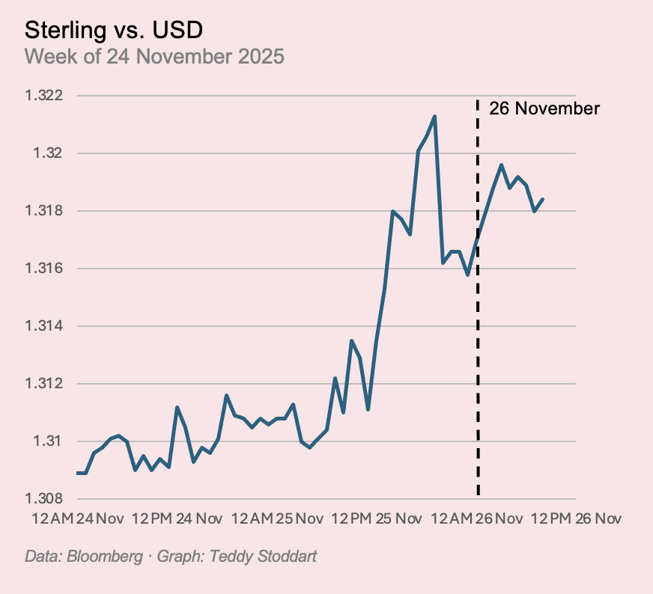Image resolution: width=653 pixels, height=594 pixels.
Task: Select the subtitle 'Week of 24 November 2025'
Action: click(x=154, y=57)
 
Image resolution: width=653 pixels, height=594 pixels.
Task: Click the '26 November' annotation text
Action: click(x=544, y=109)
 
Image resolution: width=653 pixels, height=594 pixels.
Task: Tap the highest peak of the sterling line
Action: click(x=434, y=117)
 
